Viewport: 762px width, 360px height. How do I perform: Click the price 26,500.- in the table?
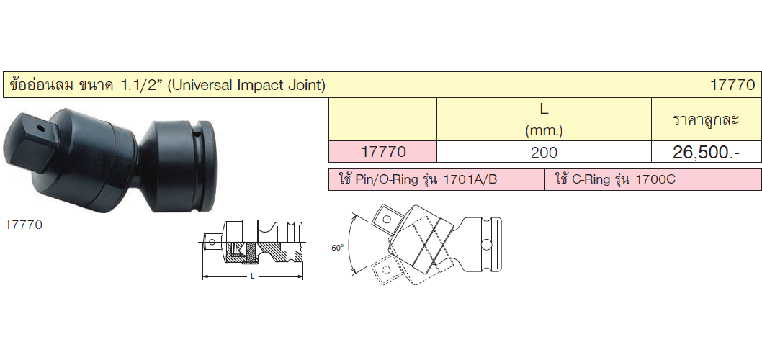[x=706, y=153]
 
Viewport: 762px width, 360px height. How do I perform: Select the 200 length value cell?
[x=544, y=153]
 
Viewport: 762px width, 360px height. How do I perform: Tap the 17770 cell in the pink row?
[x=384, y=152]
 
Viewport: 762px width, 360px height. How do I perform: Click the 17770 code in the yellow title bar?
[x=733, y=86]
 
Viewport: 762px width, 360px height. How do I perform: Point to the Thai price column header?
[x=706, y=120]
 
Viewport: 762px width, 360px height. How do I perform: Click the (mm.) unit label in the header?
[x=544, y=131]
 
